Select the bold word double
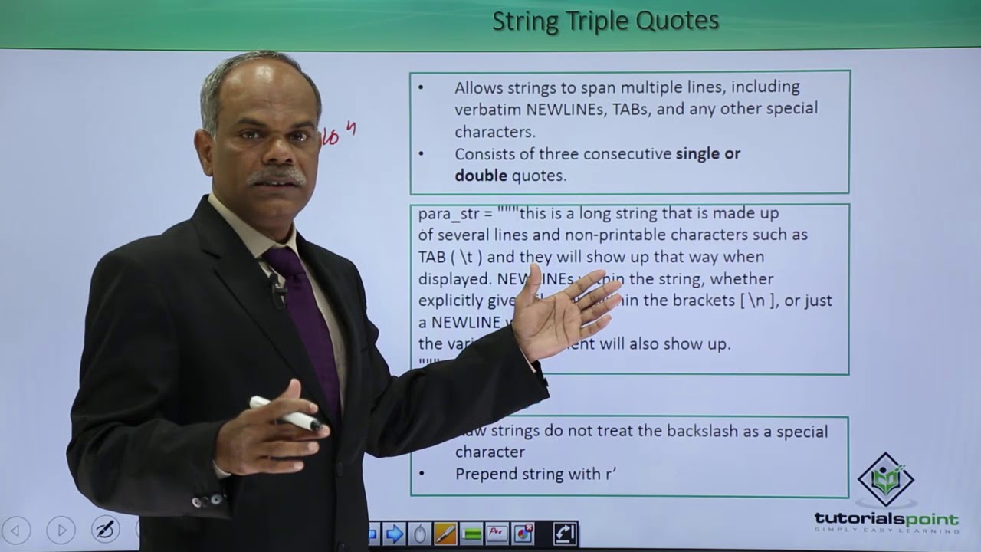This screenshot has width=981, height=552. tap(481, 176)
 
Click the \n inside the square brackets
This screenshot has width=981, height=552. tap(755, 301)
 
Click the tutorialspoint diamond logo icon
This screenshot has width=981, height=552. tap(886, 480)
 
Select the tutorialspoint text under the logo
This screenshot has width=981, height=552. tap(886, 520)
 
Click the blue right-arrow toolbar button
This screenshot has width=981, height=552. tap(394, 534)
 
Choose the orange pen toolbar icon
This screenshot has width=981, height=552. tap(445, 534)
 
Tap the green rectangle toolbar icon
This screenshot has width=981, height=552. tap(471, 534)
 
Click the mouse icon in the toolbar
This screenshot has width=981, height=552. tap(419, 534)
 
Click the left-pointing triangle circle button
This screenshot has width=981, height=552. tap(17, 530)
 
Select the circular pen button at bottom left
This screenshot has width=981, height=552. tap(105, 530)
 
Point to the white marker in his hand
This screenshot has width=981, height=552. tap(287, 414)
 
